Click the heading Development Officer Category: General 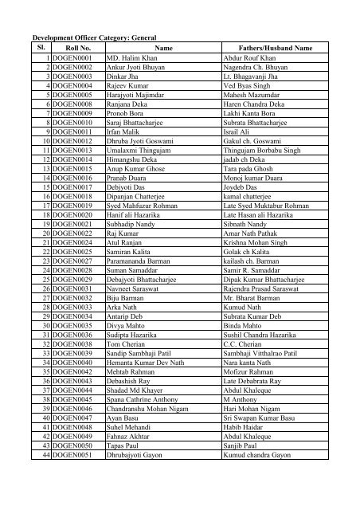coord(92,37)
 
